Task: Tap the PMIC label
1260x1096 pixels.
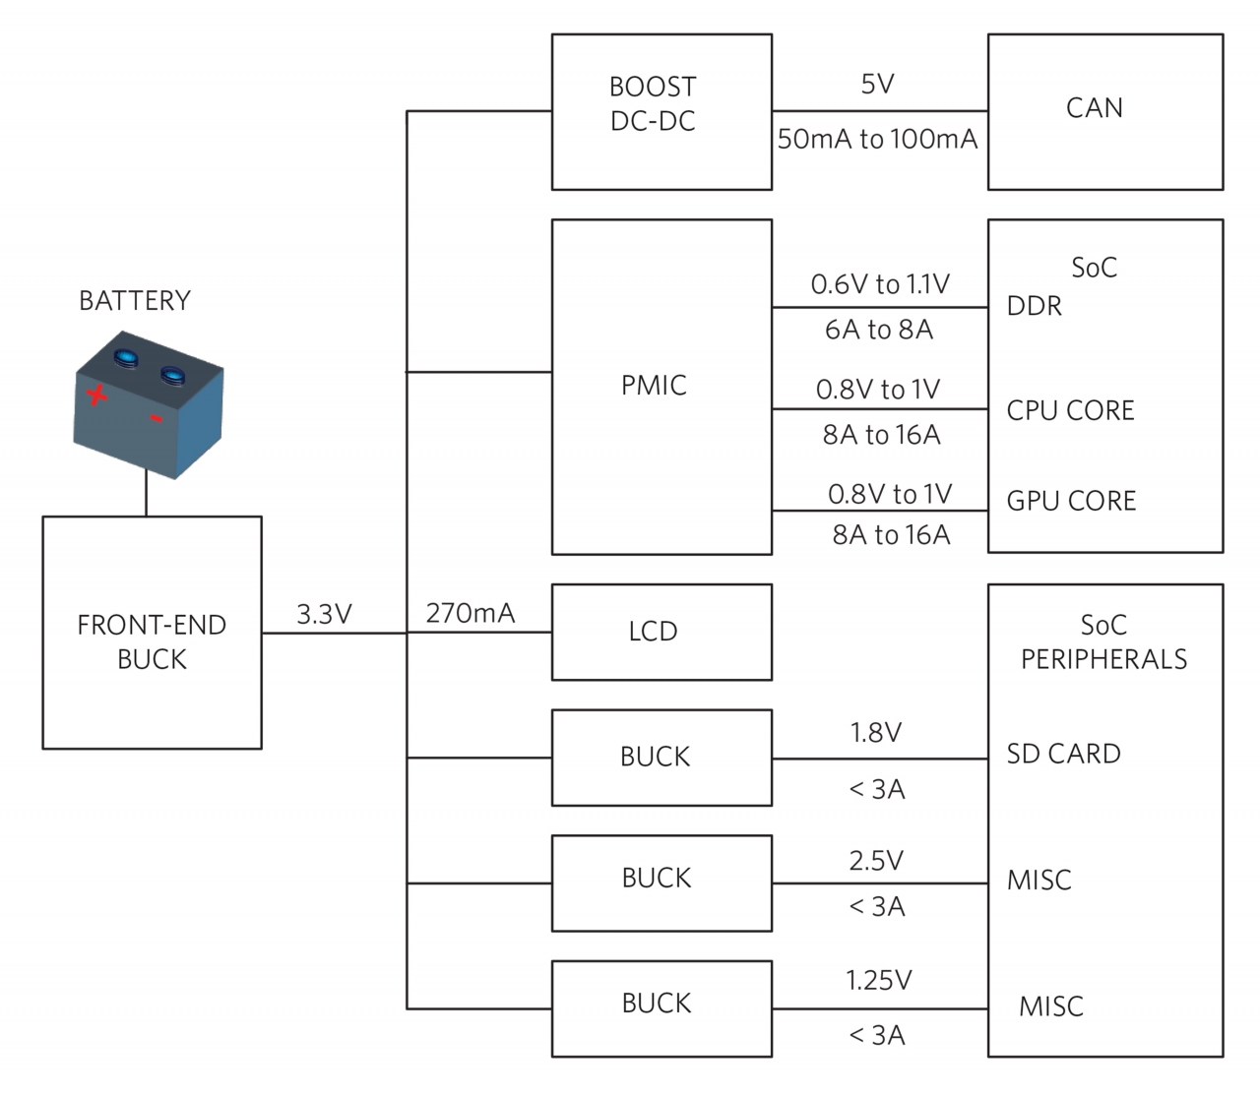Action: coord(654,386)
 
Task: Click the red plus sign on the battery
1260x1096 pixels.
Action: coord(95,396)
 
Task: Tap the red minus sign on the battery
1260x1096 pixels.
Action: coord(156,420)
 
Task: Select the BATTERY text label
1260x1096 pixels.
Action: coord(135,301)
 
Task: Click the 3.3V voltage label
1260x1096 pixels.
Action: coord(324,615)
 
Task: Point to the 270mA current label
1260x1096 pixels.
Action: coord(470,614)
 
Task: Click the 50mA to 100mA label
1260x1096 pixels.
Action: coord(877,140)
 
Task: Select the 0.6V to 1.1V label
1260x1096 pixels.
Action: coord(880,285)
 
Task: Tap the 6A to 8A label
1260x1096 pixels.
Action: coord(879,330)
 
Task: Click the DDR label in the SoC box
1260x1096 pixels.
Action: coord(1034,307)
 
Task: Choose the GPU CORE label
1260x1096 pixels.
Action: coord(1071,502)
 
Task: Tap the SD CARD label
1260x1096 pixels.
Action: coord(1063,755)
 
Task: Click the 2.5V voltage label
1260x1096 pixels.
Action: coord(875,862)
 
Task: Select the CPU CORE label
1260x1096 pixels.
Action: coord(1070,411)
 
